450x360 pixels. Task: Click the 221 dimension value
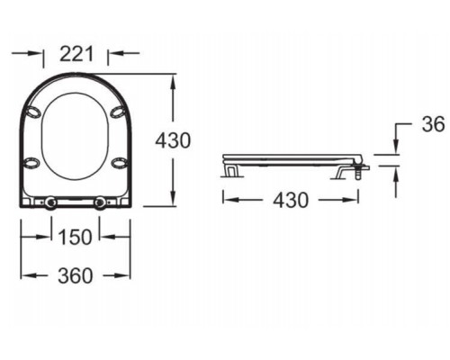click(x=76, y=53)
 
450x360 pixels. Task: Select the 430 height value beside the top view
click(x=173, y=140)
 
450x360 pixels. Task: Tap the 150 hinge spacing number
click(x=76, y=238)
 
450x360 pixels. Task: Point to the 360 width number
click(x=76, y=276)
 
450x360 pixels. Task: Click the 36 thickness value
click(x=434, y=125)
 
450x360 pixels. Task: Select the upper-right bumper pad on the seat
click(x=118, y=112)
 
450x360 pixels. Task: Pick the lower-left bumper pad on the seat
click(x=31, y=163)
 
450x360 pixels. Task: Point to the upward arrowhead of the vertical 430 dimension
click(x=171, y=79)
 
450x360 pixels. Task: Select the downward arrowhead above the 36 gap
click(x=396, y=148)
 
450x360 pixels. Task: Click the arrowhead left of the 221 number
click(x=39, y=53)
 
